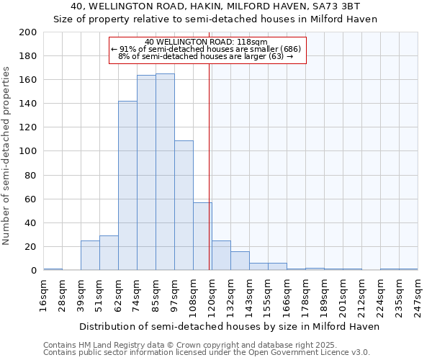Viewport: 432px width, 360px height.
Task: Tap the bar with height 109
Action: point(184,205)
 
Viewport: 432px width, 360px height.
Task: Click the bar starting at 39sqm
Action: point(90,255)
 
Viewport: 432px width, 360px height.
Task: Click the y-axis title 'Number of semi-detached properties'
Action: point(6,156)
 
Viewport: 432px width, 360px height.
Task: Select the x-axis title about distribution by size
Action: point(228,326)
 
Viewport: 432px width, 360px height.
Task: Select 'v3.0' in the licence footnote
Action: point(360,353)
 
